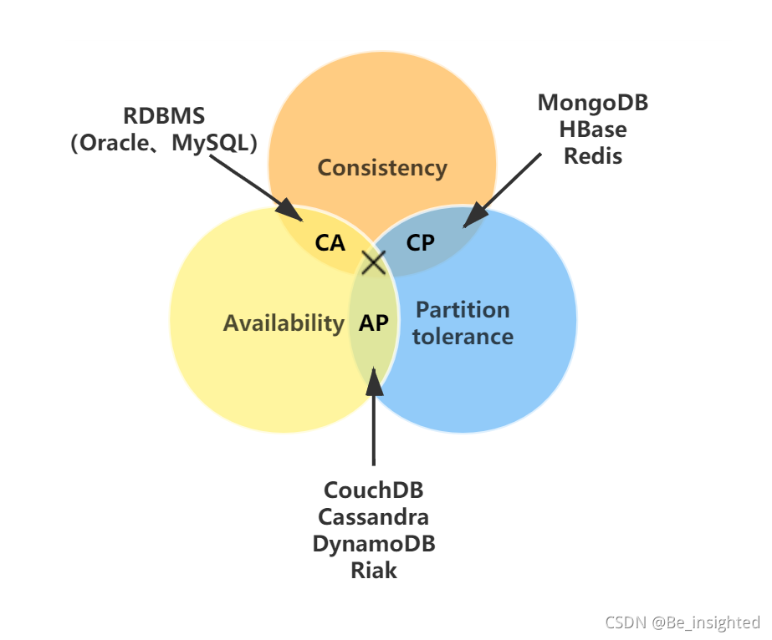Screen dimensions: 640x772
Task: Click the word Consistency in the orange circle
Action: click(x=382, y=168)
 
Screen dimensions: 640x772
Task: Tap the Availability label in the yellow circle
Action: click(x=284, y=323)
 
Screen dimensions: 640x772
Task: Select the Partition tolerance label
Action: click(x=463, y=323)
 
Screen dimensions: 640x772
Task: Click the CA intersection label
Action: click(x=330, y=243)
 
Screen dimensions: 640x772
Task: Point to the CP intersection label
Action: click(x=421, y=243)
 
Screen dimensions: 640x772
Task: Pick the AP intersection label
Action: click(x=374, y=323)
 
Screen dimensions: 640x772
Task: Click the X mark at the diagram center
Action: click(x=373, y=262)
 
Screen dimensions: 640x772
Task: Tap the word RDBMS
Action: click(x=163, y=116)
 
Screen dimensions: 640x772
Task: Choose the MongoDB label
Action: click(x=593, y=103)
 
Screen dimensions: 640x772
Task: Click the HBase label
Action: click(x=593, y=130)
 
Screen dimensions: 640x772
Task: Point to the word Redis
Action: click(x=593, y=156)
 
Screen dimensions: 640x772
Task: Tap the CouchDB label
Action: click(x=374, y=490)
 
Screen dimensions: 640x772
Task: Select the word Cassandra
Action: click(x=374, y=516)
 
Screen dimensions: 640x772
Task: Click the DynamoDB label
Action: click(x=374, y=543)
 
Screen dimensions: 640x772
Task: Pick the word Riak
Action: click(x=374, y=570)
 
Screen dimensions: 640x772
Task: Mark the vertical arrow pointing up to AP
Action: click(x=374, y=418)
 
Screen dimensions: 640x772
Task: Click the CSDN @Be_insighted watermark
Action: click(x=682, y=622)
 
